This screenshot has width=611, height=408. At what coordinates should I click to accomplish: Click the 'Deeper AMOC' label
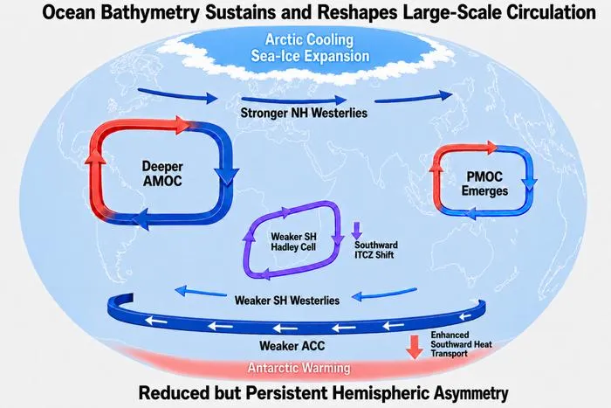tap(162, 174)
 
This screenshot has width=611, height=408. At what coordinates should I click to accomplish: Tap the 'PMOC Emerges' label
tap(484, 183)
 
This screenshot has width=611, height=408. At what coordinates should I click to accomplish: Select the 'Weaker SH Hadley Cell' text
tap(293, 242)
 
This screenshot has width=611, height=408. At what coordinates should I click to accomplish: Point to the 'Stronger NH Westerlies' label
tap(304, 113)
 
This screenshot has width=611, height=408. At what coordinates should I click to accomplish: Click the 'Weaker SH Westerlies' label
tap(287, 301)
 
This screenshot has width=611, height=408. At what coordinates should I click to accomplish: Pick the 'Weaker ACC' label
tap(292, 346)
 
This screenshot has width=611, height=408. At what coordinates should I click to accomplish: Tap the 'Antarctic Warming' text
tap(299, 368)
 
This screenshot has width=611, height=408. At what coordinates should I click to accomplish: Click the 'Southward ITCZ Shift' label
tap(376, 250)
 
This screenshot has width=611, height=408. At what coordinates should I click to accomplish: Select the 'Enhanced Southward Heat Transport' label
tap(461, 344)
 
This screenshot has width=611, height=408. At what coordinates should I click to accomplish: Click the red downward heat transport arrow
tap(415, 347)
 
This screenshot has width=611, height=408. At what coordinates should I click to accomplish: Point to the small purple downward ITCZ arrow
tap(356, 231)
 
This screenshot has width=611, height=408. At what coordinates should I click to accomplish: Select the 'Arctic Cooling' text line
tap(309, 40)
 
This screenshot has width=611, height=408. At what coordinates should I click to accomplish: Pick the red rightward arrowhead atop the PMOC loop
tap(491, 148)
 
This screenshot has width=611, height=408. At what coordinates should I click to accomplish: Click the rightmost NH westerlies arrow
tap(414, 98)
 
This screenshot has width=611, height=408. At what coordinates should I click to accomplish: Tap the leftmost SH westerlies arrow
tap(201, 292)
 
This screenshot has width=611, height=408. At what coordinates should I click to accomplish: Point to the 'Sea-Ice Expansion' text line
tap(310, 56)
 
